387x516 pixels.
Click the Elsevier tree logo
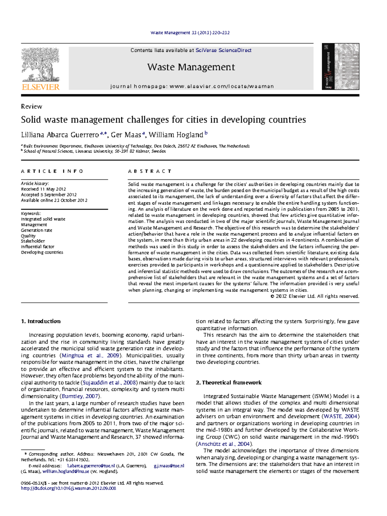point(40,65)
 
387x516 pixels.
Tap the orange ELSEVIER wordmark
point(41,87)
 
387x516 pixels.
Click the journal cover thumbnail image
point(340,66)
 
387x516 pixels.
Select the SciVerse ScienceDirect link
point(223,50)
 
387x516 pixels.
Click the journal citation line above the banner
point(190,33)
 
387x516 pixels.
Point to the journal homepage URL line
point(192,86)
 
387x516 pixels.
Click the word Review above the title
point(31,106)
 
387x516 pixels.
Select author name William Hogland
point(176,135)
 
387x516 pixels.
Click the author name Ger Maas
point(126,135)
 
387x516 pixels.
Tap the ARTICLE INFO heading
point(52,171)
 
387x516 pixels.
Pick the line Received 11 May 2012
point(43,189)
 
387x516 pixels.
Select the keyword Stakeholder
point(33,241)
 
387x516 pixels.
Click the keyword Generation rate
point(36,230)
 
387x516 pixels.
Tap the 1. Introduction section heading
point(41,321)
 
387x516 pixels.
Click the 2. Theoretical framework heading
point(229,382)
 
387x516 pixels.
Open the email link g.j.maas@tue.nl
point(169,466)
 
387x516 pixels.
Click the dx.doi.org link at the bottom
point(68,488)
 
